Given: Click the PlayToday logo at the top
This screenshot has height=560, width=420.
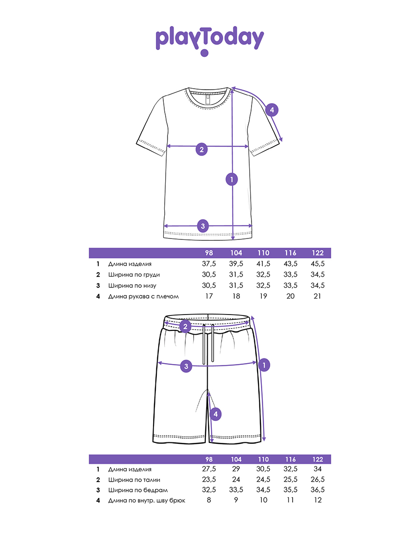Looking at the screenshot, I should [210, 40].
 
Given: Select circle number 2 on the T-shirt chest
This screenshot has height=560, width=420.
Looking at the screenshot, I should [202, 149].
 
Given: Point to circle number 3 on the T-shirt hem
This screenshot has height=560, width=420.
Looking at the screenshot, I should [202, 226].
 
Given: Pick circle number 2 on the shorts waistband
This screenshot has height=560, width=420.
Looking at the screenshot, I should [185, 326].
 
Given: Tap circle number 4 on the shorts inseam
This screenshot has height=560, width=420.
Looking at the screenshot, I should [215, 413].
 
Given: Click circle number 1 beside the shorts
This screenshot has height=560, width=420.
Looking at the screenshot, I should [264, 365].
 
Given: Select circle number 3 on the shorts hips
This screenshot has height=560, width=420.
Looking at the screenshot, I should [186, 366].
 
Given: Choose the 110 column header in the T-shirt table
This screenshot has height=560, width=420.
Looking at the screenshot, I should [263, 253].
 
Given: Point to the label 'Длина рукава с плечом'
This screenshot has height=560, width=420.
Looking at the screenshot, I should [143, 296].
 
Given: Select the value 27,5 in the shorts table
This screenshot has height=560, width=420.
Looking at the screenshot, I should [209, 469].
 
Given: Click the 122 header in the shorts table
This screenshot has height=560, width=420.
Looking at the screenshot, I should [317, 459].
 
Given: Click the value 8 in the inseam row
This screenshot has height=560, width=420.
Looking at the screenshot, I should [209, 500].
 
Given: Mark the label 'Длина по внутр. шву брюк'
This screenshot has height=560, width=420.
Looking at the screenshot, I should [147, 500].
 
